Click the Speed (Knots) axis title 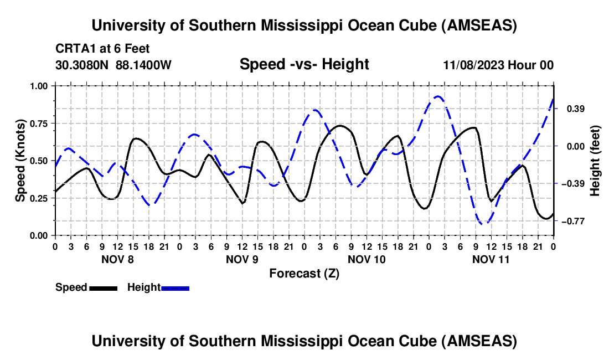point(20,161)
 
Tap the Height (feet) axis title point(595,161)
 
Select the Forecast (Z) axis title point(304,273)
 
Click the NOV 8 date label point(117,259)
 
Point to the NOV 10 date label point(367,259)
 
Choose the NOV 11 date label point(491,259)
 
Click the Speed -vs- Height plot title point(304,64)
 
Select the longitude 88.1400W point(144,65)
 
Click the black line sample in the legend point(102,288)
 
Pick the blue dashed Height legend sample point(175,288)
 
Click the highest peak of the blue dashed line point(438,96)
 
